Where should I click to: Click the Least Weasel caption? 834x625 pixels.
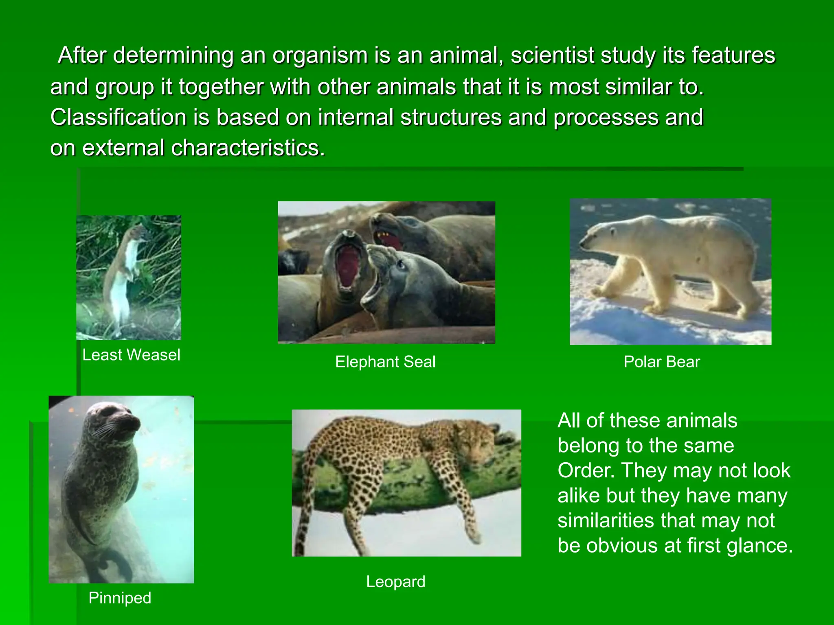point(131,355)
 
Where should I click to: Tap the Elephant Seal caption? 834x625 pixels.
point(385,362)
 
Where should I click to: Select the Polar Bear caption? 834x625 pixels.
point(662,362)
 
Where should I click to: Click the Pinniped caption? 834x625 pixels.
point(120,598)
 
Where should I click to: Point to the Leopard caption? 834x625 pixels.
point(395,581)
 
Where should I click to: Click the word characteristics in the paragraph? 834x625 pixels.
point(248,148)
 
